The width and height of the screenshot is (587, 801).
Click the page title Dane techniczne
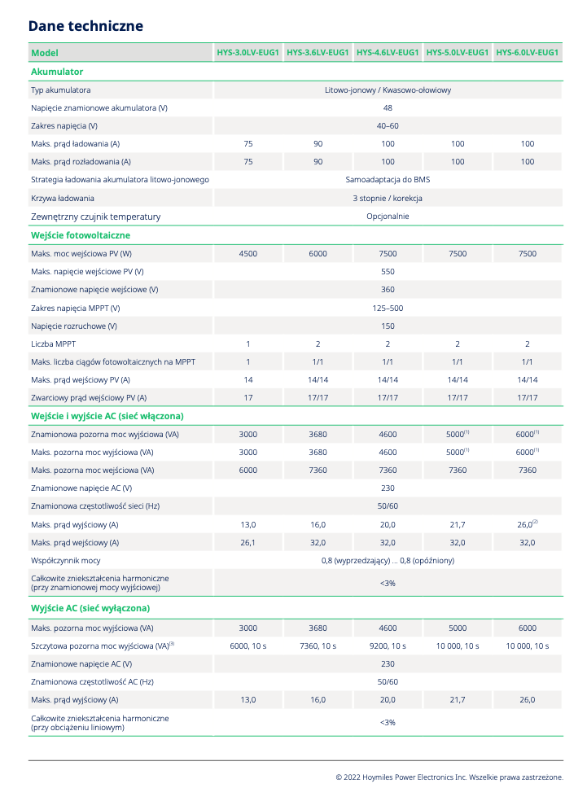pos(85,26)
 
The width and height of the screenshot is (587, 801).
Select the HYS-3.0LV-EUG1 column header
pos(248,53)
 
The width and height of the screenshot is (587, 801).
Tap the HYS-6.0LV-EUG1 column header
pos(528,53)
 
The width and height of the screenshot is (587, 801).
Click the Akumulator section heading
pos(57,72)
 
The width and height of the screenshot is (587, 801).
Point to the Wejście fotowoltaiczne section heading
pos(80,235)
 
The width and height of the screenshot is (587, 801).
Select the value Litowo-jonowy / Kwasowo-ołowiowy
pos(388,90)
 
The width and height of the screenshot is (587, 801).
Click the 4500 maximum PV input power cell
pos(248,253)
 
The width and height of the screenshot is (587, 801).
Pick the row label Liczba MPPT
pos(54,344)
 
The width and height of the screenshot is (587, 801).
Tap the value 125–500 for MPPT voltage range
pos(388,308)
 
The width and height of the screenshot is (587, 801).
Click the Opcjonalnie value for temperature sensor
pos(388,217)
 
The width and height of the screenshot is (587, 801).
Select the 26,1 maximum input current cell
pos(248,542)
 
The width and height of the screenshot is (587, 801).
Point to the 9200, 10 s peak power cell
pos(388,646)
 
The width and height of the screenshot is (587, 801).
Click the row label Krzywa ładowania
pos(63,198)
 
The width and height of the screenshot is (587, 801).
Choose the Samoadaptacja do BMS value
pos(388,180)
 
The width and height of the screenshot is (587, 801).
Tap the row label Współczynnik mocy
pos(66,560)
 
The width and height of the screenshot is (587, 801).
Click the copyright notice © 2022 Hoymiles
pos(449,777)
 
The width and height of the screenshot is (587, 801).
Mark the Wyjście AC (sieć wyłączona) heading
pos(90,608)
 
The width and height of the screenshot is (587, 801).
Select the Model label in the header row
pos(44,53)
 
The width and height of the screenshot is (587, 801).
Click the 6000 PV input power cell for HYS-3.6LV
pos(318,253)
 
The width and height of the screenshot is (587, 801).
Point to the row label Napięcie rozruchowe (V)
pos(74,326)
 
